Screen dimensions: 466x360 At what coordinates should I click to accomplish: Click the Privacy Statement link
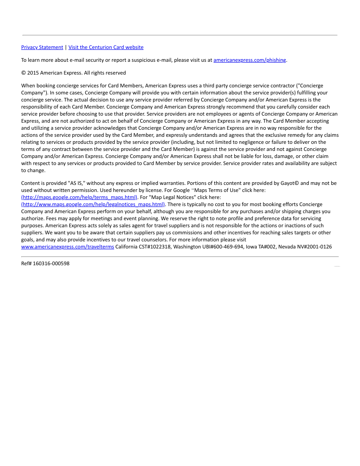tap(42, 47)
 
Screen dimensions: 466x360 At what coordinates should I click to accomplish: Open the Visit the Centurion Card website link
tap(106, 47)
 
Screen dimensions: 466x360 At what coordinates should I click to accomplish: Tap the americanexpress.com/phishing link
tap(250, 60)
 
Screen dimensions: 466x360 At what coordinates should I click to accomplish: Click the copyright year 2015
tap(33, 73)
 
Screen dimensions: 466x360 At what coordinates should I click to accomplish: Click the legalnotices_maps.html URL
tap(94, 204)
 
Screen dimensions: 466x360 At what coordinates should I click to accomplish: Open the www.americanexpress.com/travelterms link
tap(67, 247)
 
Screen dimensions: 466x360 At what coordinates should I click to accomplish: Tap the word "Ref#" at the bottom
tap(26, 263)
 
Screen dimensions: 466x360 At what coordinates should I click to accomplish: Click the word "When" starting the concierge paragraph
tap(28, 86)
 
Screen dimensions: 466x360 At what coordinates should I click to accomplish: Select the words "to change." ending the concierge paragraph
tap(33, 170)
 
